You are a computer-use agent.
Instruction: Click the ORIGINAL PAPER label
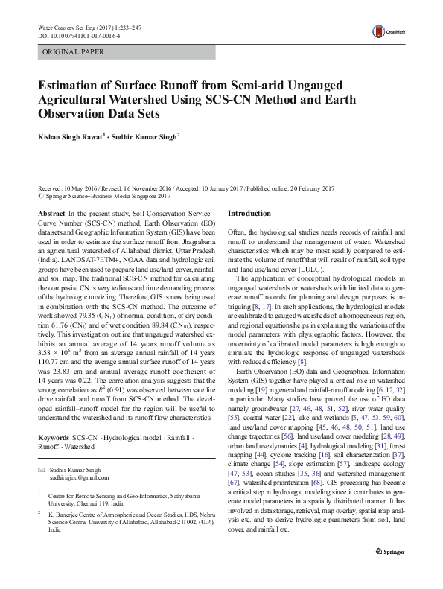coord(73,52)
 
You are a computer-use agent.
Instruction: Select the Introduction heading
coord(249,214)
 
